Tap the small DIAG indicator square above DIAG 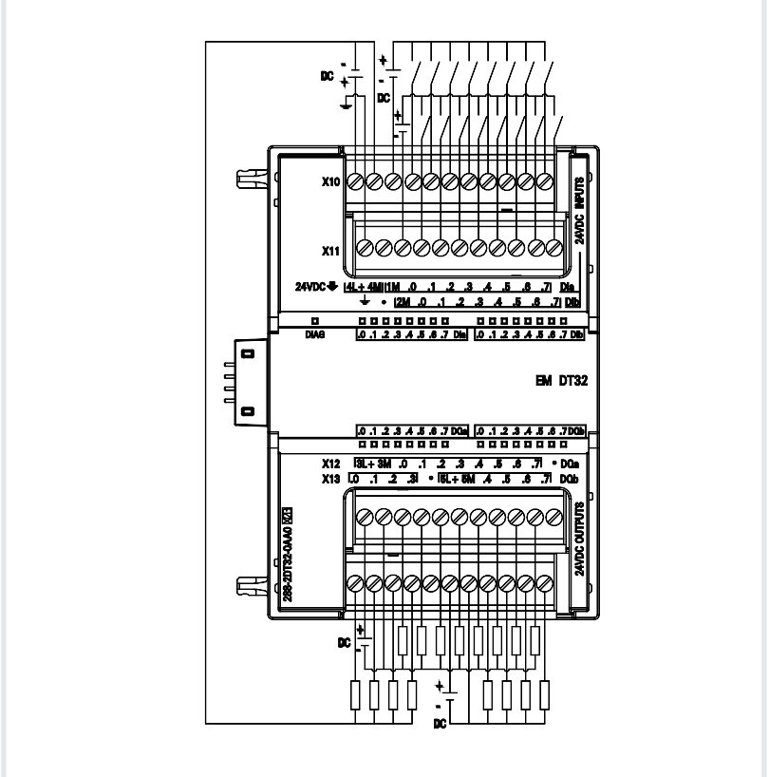coord(315,322)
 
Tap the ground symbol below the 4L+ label coord(366,302)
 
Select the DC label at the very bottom coord(440,724)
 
